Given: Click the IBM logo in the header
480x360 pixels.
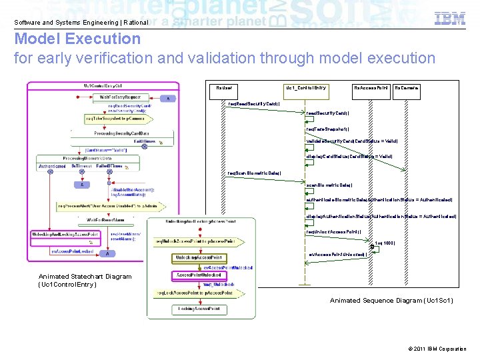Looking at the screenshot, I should pyautogui.click(x=450, y=19).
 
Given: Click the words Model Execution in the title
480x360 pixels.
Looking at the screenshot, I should pyautogui.click(x=78, y=39).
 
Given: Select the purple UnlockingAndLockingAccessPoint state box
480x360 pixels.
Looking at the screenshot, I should pyautogui.click(x=65, y=234).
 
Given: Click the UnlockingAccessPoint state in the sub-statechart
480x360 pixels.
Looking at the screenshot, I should pyautogui.click(x=199, y=257).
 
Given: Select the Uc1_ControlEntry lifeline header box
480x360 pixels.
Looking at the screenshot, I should pyautogui.click(x=306, y=88).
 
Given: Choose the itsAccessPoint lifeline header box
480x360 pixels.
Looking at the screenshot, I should pyautogui.click(x=371, y=88).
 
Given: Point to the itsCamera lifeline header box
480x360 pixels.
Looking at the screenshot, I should pyautogui.click(x=407, y=88).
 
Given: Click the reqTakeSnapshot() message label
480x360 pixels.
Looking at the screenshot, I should pyautogui.click(x=327, y=129).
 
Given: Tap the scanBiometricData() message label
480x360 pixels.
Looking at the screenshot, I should pyautogui.click(x=329, y=185).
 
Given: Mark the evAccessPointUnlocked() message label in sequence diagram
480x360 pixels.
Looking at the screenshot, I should pyautogui.click(x=337, y=254).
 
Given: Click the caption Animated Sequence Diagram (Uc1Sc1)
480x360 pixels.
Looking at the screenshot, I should pyautogui.click(x=391, y=301).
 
